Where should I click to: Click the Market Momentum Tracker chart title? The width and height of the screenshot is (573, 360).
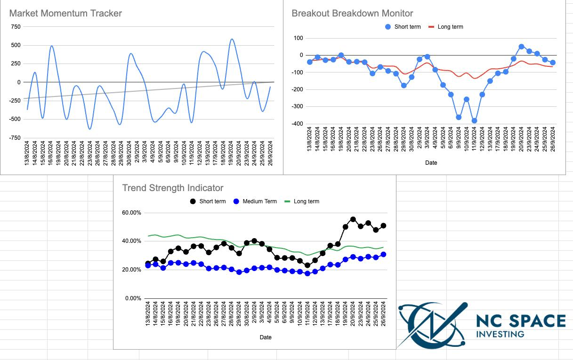65,13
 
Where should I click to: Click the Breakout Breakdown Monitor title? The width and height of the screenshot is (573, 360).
352,13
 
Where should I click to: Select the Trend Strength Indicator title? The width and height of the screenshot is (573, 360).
173,188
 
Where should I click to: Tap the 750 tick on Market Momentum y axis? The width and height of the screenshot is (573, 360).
16,27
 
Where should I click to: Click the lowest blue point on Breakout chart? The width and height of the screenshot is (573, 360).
474,121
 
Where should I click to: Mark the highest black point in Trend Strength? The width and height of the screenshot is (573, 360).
353,219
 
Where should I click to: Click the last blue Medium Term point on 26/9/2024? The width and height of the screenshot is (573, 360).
383,254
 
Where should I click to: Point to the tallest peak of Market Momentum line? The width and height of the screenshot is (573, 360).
232,40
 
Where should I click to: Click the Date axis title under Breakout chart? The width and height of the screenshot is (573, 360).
431,163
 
